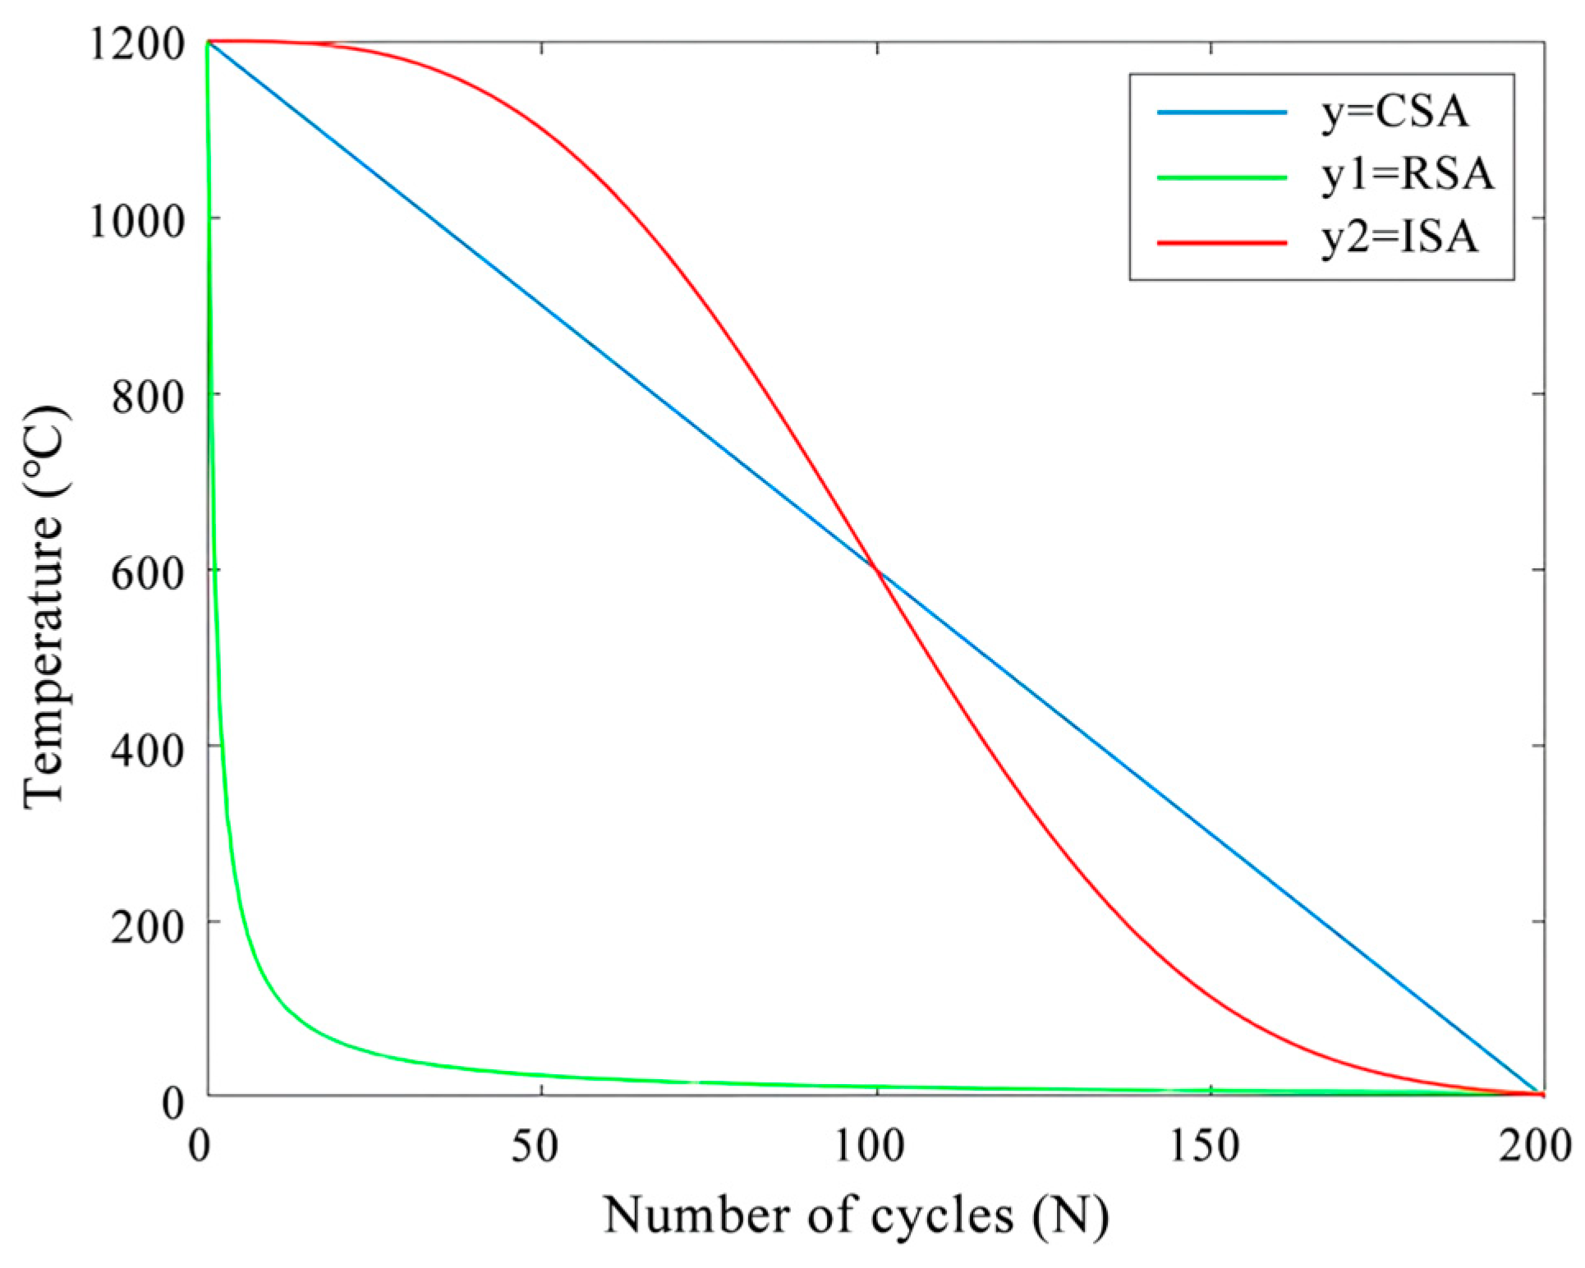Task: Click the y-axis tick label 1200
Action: click(x=136, y=43)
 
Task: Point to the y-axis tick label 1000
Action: click(x=136, y=220)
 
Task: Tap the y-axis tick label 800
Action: click(x=148, y=397)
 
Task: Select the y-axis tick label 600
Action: click(x=148, y=572)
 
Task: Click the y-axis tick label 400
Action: click(x=148, y=748)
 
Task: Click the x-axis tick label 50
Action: click(x=535, y=1146)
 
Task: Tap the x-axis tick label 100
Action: click(x=871, y=1146)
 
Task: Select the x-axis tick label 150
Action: click(x=1205, y=1146)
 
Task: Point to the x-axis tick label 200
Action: click(x=1535, y=1146)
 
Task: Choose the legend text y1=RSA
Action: click(x=1408, y=175)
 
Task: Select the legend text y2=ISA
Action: click(x=1399, y=238)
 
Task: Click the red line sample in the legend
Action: click(x=1222, y=242)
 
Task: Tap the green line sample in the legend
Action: click(x=1222, y=177)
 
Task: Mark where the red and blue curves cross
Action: click(x=877, y=569)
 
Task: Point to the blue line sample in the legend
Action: click(x=1222, y=112)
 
